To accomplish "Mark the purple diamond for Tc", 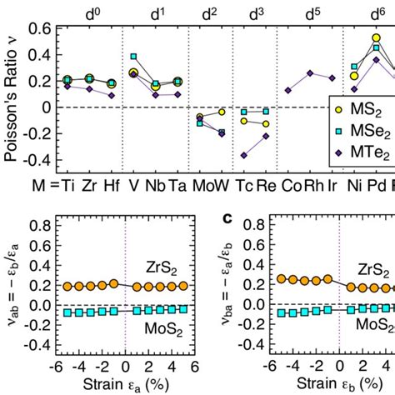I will click(x=243, y=155).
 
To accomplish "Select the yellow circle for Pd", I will click(x=376, y=38).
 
